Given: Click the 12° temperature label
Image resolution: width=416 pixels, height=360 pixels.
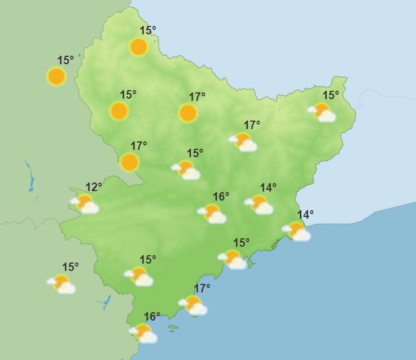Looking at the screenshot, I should (93, 187).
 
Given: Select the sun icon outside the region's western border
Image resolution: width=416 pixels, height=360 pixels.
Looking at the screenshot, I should (56, 76).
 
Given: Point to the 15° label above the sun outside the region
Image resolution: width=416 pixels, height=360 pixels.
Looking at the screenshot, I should (65, 60).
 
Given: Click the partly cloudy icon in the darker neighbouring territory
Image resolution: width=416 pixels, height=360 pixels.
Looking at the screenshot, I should (62, 283).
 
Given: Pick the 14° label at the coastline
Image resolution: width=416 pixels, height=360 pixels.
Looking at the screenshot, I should (305, 215).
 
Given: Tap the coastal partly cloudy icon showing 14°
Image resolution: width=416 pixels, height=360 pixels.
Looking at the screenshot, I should (297, 231).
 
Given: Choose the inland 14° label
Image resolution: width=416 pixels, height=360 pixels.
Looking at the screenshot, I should (268, 188).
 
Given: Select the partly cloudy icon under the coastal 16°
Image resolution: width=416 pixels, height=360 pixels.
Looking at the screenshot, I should (144, 333).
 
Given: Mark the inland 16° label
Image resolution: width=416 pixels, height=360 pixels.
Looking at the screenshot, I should (221, 197).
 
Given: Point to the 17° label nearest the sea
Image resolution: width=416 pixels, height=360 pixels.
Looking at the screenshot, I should (202, 288).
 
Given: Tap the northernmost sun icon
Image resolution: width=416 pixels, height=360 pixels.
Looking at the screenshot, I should (139, 47).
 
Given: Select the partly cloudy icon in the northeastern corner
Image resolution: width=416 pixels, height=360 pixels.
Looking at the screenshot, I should (323, 112).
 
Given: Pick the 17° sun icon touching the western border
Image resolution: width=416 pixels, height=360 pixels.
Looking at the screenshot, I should (130, 162).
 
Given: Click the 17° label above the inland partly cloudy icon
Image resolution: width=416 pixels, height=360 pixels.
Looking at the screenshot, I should (252, 125).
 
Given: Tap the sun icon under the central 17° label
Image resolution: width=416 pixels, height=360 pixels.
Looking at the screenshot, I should (188, 113).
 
